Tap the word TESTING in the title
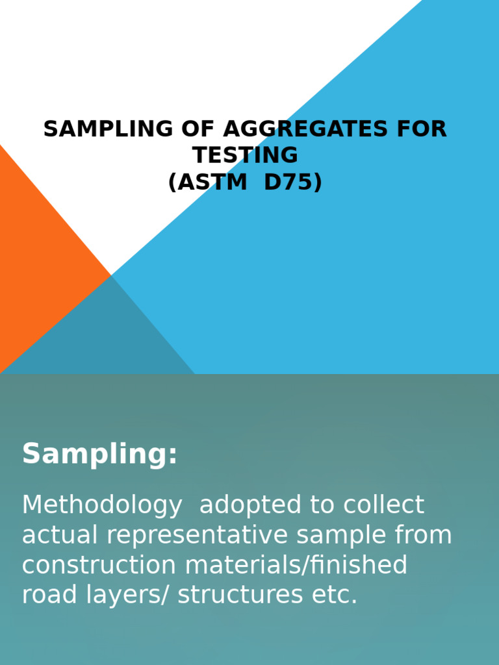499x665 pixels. coord(245,156)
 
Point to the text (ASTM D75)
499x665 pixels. coord(245,182)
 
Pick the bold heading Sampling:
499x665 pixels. coord(99,454)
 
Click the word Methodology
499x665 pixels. coord(102,505)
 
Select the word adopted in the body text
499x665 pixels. coord(244,505)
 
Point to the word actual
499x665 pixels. coord(60,535)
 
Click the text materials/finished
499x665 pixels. coord(296,565)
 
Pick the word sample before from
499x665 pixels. coord(338,535)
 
